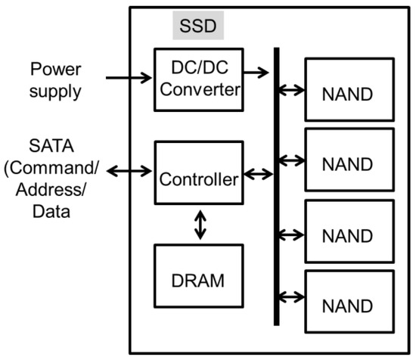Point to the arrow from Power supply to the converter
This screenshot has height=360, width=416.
coord(129,76)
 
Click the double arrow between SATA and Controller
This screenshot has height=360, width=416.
coord(129,172)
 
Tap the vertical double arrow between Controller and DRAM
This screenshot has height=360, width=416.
coord(200,225)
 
